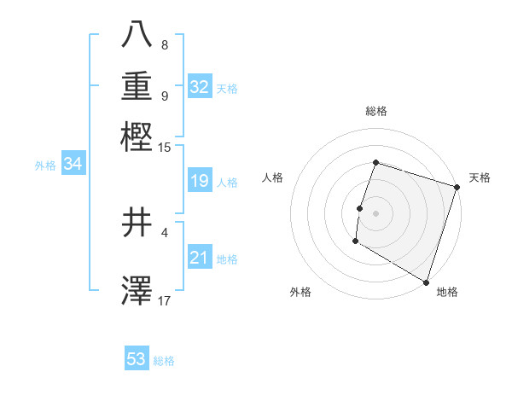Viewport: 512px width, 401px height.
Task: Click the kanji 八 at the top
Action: coord(137,35)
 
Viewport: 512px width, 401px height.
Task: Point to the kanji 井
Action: coord(137,224)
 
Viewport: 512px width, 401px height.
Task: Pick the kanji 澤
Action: coord(137,290)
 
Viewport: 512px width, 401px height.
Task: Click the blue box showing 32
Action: coord(200,86)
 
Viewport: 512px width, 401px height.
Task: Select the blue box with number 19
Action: coord(200,181)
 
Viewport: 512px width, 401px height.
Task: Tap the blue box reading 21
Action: coord(200,257)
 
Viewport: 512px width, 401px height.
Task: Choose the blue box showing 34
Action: coord(73,164)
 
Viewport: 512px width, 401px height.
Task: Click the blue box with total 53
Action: coord(137,359)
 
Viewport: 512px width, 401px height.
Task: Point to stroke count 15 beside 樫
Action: coord(165,148)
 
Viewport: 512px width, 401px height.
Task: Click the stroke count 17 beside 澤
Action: coord(165,300)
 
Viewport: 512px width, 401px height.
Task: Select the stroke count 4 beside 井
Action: coord(165,231)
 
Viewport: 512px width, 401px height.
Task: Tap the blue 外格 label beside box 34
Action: coord(45,166)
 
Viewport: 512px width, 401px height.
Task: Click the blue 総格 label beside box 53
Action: coord(164,361)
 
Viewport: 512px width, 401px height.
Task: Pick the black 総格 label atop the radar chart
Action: coord(375,111)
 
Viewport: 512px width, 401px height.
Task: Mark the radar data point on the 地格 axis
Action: coord(425,282)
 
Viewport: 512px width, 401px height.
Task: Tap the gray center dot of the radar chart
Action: coord(375,212)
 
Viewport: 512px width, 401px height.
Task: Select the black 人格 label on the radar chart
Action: coord(273,177)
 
